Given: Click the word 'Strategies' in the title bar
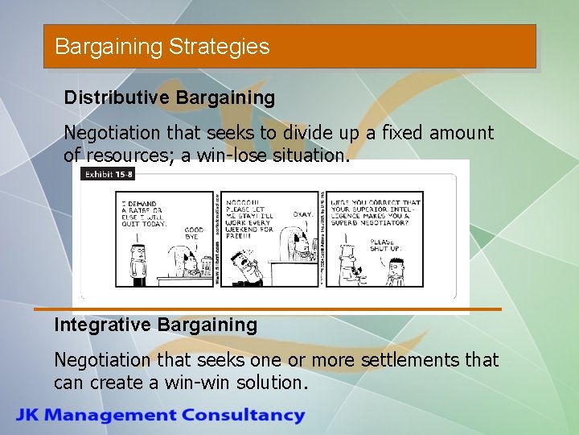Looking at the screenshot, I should [x=220, y=47].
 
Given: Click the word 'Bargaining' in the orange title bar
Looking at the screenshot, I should [x=109, y=47].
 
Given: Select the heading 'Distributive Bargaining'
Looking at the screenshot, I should [x=170, y=98].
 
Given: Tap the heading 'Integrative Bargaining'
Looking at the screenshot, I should [x=155, y=325].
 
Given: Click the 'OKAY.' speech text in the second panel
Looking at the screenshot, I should [x=302, y=215].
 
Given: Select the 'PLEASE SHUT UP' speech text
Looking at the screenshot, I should [x=383, y=244].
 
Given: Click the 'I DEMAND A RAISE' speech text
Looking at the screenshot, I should [x=143, y=213].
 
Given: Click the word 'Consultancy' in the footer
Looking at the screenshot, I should [x=243, y=416].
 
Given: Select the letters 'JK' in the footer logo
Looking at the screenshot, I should [x=29, y=416].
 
